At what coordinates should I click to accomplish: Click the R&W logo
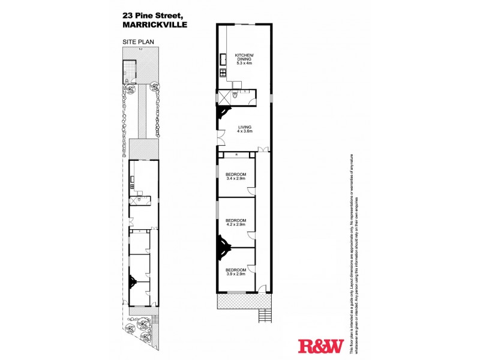(x=320, y=346)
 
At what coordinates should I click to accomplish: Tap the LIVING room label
(x=244, y=127)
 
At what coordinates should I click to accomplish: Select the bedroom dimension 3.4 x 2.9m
(x=236, y=178)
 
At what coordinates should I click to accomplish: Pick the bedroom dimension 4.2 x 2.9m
(x=236, y=225)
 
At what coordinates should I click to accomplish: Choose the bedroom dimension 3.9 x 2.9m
(x=236, y=274)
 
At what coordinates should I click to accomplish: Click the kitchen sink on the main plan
(x=222, y=59)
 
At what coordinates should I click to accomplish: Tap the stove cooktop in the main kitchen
(x=222, y=74)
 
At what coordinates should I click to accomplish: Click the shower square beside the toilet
(x=224, y=96)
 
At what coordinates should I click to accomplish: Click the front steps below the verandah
(x=263, y=314)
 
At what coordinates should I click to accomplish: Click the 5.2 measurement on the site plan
(x=140, y=49)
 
